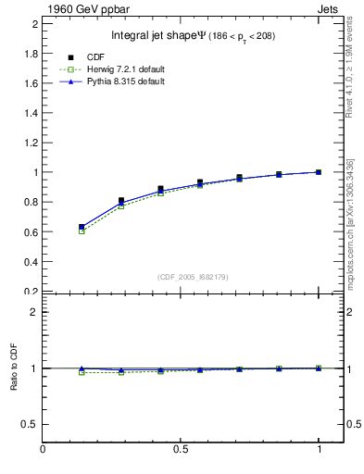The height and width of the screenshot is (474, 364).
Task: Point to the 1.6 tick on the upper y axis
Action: point(31,83)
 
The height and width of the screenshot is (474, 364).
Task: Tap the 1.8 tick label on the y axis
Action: point(31,53)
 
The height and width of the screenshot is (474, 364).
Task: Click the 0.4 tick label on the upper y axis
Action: point(31,262)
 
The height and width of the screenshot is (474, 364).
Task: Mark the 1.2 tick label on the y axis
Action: point(31,143)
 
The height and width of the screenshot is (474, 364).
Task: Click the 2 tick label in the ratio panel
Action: point(35,312)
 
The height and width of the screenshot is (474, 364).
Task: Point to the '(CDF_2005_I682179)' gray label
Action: point(193,276)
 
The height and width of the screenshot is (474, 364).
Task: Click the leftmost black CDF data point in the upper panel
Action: point(82,227)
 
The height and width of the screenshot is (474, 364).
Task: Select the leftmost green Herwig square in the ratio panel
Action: point(82,372)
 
